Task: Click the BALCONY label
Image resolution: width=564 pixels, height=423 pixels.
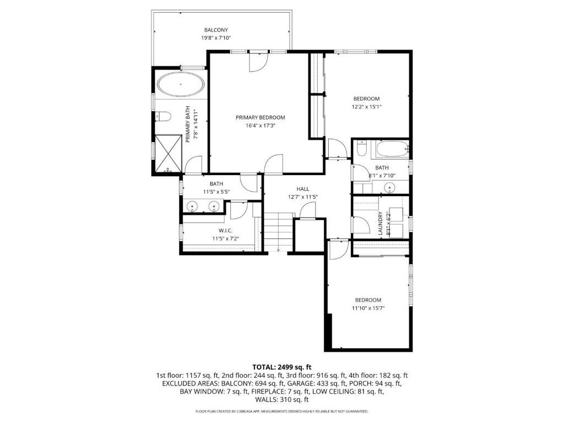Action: [216, 30]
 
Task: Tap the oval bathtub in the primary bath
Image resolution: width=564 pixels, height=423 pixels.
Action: [181, 85]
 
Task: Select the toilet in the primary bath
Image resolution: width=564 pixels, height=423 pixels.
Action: [161, 116]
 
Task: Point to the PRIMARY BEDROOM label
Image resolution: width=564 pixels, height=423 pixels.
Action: [261, 117]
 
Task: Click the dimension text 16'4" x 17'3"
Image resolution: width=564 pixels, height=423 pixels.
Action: [261, 126]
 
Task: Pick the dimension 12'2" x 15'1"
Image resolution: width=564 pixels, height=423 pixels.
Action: [367, 107]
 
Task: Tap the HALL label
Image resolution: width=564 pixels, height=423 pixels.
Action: [303, 189]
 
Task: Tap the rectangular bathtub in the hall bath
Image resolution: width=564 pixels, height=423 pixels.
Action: [392, 148]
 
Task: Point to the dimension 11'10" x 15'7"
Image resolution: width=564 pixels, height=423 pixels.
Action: [368, 308]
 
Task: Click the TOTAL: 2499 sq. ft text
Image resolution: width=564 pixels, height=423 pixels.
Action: [282, 367]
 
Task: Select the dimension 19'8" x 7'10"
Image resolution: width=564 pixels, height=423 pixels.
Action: [216, 38]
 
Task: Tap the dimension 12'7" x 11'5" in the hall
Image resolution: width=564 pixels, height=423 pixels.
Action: [303, 197]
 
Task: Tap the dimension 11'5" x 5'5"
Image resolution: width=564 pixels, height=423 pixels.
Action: [216, 192]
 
